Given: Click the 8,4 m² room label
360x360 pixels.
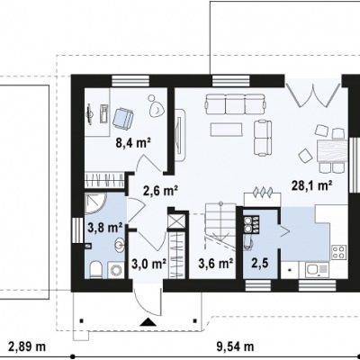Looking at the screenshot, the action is (133, 143).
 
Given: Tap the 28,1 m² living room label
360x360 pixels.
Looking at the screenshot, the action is (312, 185).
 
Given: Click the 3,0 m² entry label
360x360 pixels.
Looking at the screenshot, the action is (149, 264).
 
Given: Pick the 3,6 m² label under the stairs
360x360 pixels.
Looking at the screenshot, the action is (216, 264).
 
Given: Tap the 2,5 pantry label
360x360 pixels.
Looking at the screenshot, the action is (260, 264).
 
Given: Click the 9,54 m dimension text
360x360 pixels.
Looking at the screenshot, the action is (235, 346).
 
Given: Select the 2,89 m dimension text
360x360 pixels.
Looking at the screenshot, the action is (27, 346).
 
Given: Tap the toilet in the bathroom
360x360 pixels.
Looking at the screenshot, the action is (96, 269).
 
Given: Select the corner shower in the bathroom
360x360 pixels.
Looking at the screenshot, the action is (94, 203).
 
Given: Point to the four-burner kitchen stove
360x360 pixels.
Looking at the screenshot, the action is (339, 252).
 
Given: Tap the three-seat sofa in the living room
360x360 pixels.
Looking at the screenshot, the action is (235, 103).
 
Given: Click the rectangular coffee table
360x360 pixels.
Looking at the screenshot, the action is (227, 130).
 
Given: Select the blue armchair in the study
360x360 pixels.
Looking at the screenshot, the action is (123, 118).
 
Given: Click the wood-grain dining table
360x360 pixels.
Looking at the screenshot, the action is (331, 151).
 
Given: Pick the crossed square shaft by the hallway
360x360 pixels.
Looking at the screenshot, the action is (177, 220).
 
